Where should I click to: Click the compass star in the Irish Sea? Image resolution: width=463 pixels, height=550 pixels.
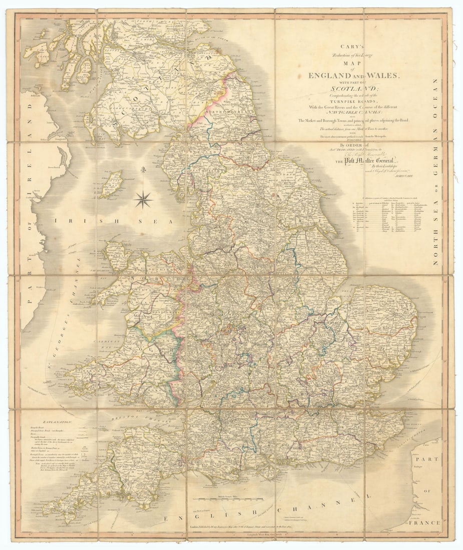143,200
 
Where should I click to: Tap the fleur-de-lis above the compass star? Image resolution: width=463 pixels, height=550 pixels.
143,171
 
